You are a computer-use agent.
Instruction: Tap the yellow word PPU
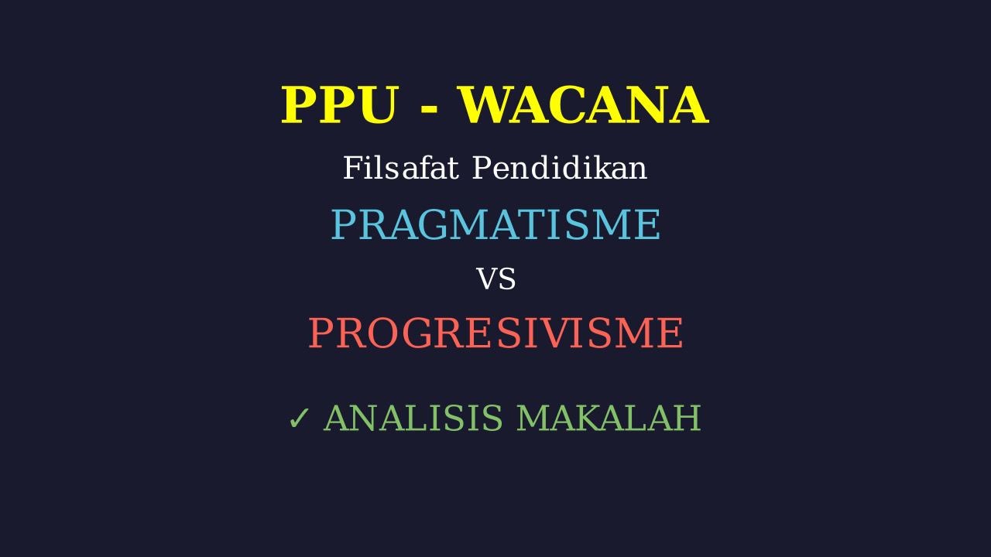pyautogui.click(x=340, y=105)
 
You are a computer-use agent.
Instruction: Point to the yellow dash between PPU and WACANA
pyautogui.click(x=428, y=108)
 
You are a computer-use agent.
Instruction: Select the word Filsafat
pyautogui.click(x=401, y=168)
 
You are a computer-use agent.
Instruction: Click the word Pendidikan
pyautogui.click(x=560, y=168)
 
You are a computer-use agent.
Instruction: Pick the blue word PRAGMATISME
pyautogui.click(x=495, y=224)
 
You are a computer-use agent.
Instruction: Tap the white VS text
pyautogui.click(x=495, y=279)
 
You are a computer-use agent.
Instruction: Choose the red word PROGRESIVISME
pyautogui.click(x=495, y=333)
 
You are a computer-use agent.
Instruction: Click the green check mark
pyautogui.click(x=299, y=419)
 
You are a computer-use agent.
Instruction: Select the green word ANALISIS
pyautogui.click(x=413, y=418)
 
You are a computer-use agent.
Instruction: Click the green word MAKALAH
pyautogui.click(x=609, y=418)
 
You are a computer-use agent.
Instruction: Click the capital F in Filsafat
pyautogui.click(x=352, y=168)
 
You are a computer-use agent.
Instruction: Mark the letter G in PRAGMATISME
pyautogui.click(x=433, y=224)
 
